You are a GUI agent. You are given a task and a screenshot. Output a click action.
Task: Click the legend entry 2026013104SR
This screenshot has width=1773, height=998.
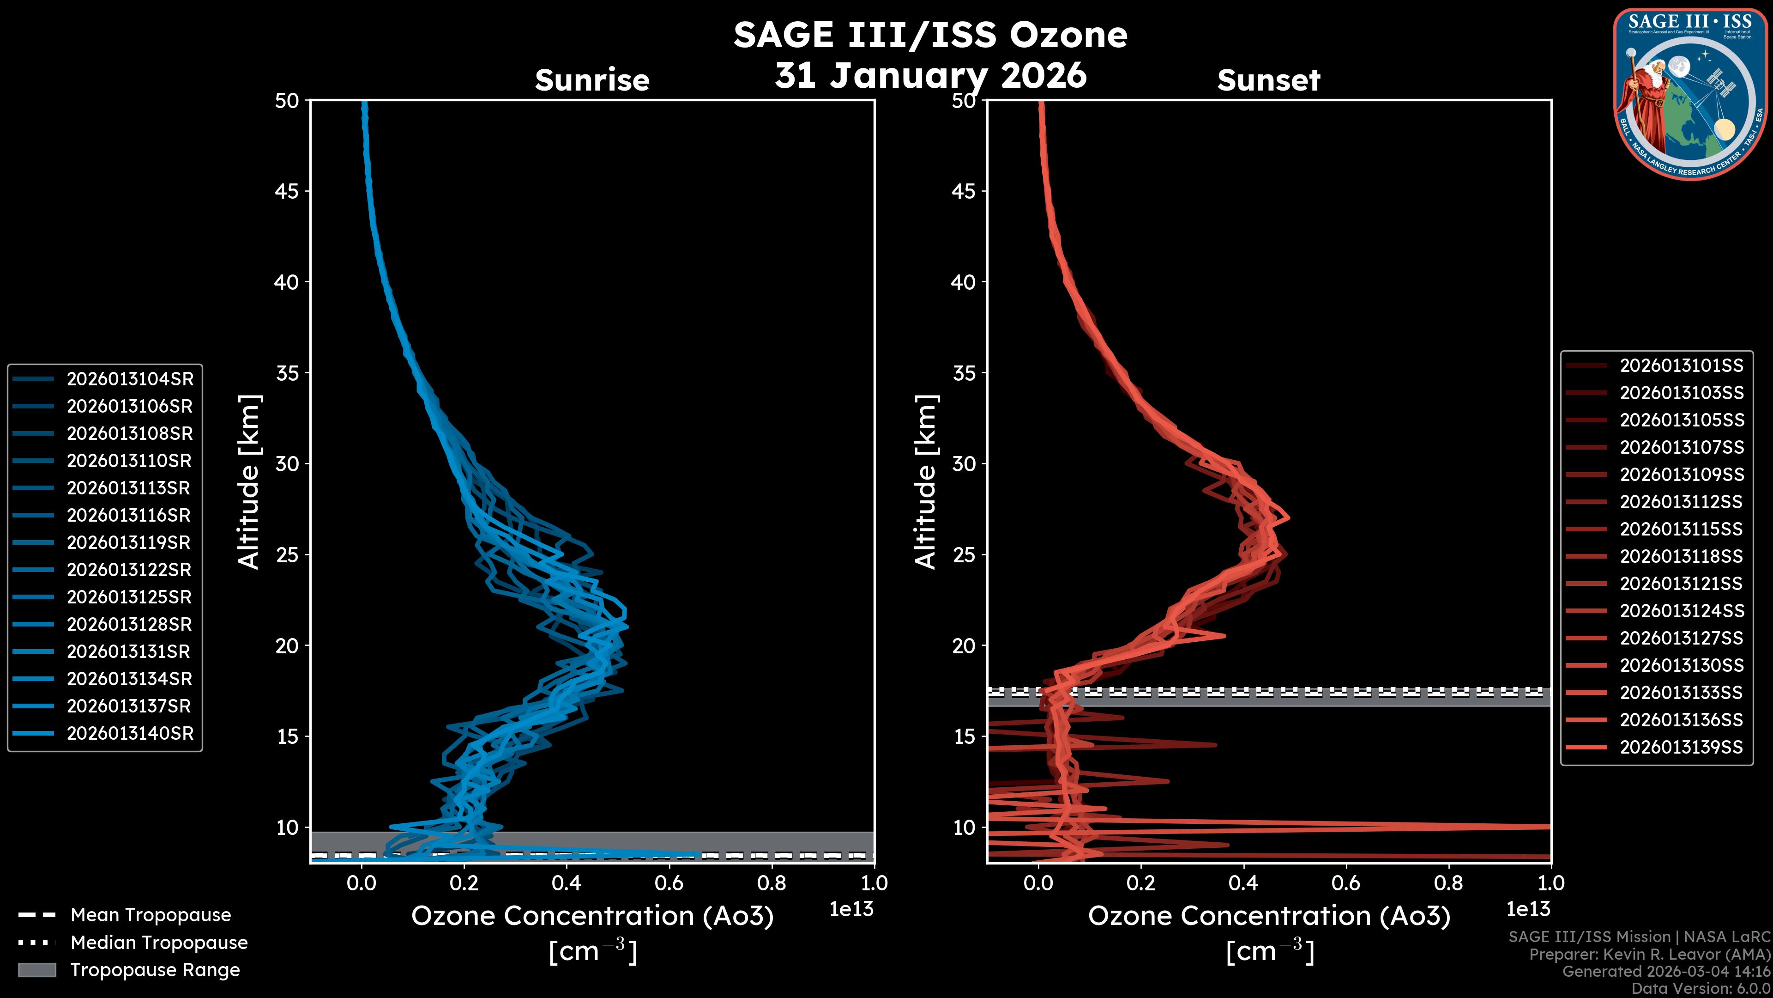129,379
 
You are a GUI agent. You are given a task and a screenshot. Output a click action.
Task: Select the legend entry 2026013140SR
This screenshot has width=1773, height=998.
129,734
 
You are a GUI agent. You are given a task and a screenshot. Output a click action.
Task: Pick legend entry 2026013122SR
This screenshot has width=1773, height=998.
129,570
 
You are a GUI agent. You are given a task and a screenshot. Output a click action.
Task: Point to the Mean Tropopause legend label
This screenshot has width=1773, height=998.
151,915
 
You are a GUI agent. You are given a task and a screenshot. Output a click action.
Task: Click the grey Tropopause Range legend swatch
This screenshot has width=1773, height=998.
36,970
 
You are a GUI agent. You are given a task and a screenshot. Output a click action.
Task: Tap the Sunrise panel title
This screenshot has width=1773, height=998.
592,80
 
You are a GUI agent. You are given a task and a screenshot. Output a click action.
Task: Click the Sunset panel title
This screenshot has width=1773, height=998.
1268,80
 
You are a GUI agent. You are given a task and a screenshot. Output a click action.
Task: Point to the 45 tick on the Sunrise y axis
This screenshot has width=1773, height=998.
287,191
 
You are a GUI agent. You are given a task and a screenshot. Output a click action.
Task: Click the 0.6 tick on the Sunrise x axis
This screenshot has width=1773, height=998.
669,882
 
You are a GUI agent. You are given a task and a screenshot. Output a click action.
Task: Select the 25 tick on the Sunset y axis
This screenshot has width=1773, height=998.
964,554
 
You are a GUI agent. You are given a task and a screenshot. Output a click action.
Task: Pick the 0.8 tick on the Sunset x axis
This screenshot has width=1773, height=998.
1448,882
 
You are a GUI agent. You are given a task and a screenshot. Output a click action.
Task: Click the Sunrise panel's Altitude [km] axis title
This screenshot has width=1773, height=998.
249,482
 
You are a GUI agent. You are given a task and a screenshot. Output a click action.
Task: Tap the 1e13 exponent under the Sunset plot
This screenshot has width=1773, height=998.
1528,909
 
